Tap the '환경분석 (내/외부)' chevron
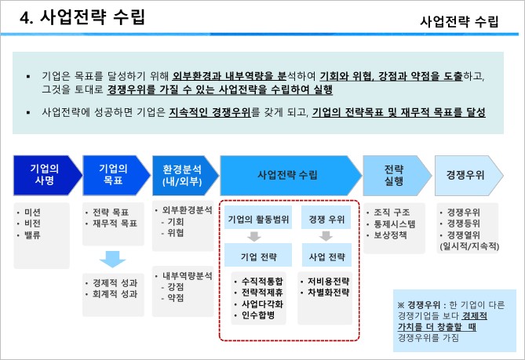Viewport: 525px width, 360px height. pos(181,174)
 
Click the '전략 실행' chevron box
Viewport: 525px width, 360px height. pos(395,174)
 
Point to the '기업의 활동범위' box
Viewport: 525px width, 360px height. pos(253,219)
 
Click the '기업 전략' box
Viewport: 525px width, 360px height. pos(253,256)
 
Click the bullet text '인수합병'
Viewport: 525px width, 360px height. pos(257,315)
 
